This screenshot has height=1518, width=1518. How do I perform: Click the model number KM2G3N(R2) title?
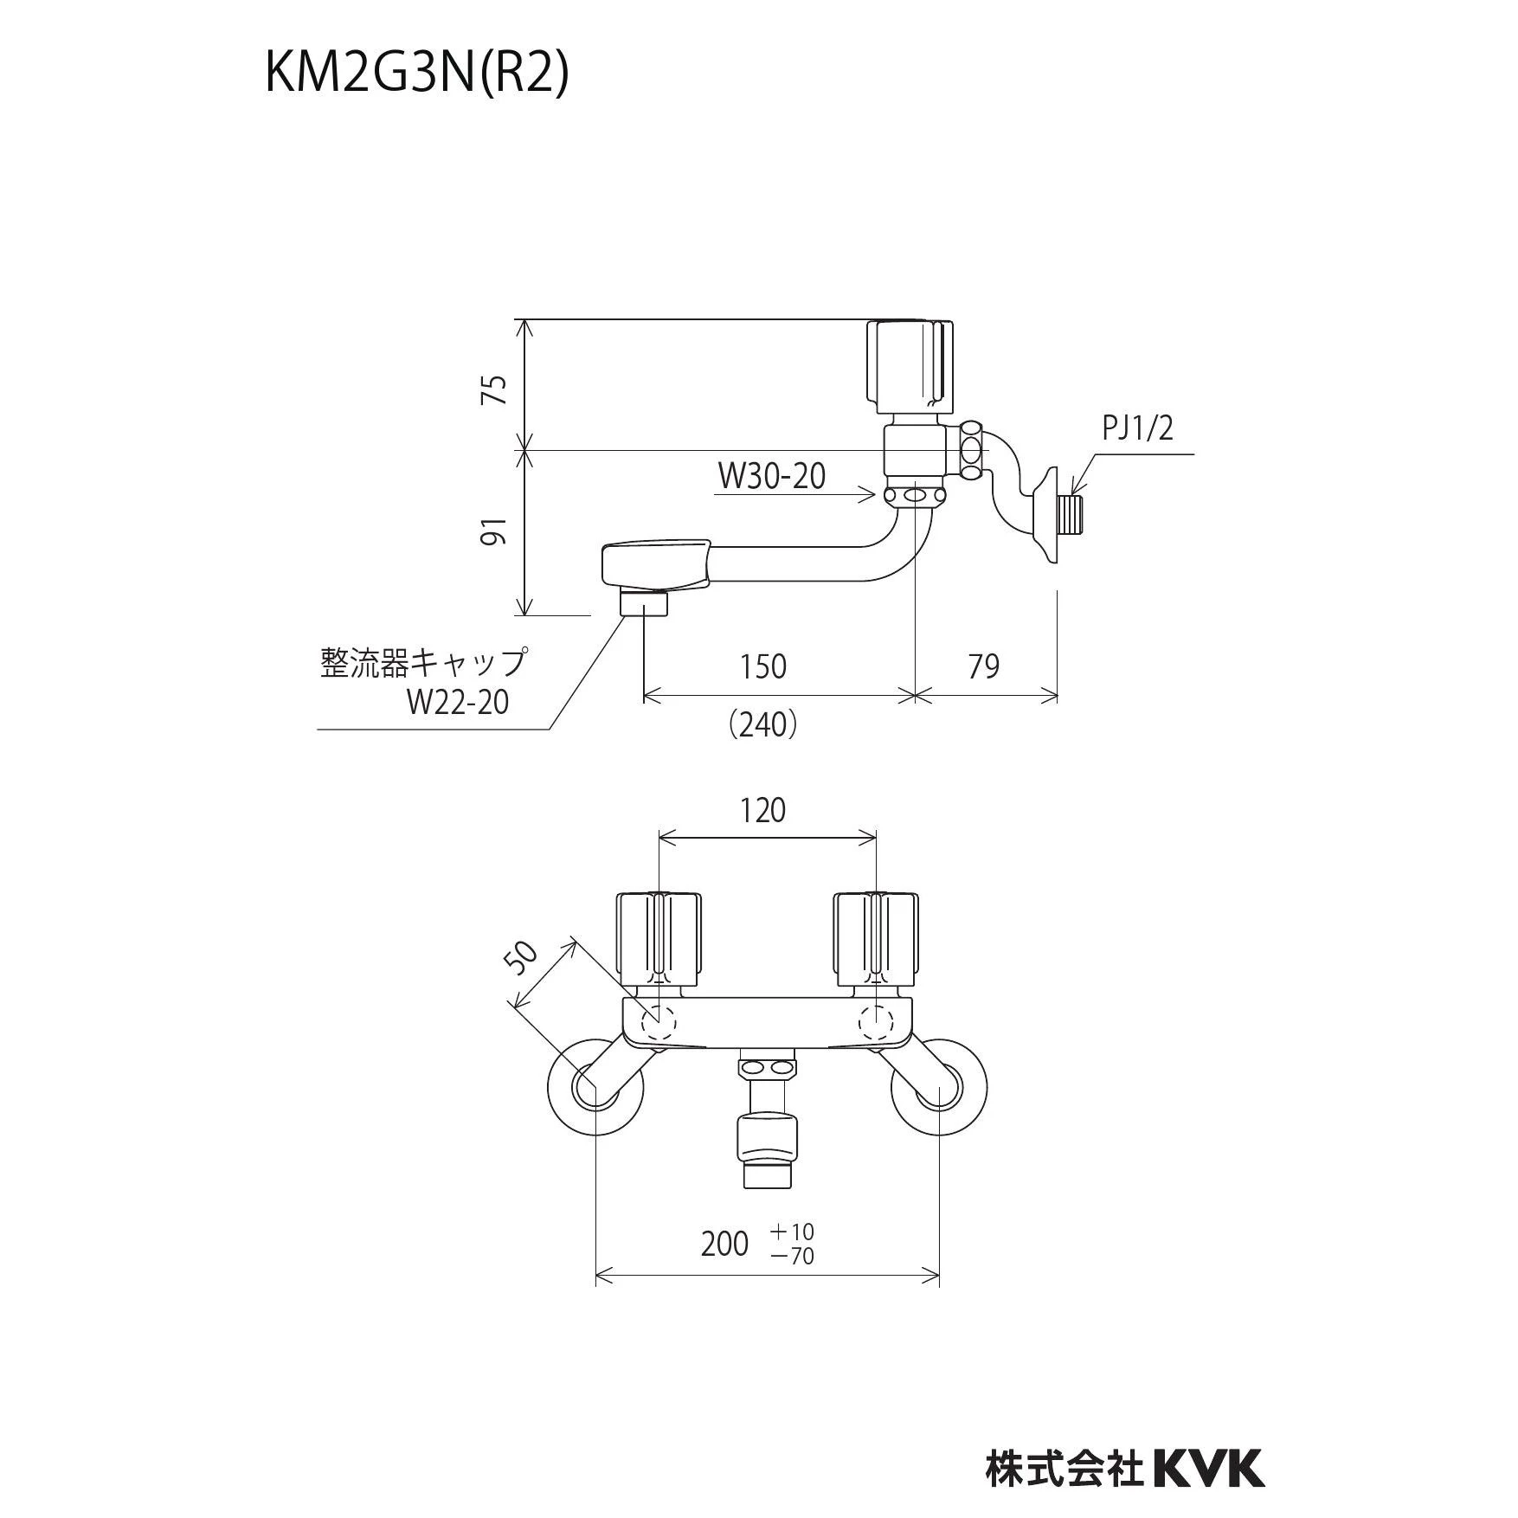pyautogui.click(x=416, y=74)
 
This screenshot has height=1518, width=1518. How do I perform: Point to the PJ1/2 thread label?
pyautogui.click(x=1137, y=428)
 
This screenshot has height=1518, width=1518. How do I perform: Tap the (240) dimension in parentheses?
pyautogui.click(x=762, y=724)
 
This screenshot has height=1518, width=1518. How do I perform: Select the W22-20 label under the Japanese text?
pyautogui.click(x=457, y=701)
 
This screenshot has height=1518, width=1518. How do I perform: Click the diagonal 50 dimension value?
pyautogui.click(x=522, y=958)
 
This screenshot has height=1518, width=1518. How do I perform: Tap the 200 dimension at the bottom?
pyautogui.click(x=724, y=1244)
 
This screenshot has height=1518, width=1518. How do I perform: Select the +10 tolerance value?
pyautogui.click(x=792, y=1231)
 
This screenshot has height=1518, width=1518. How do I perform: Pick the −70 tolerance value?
pyautogui.click(x=792, y=1256)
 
